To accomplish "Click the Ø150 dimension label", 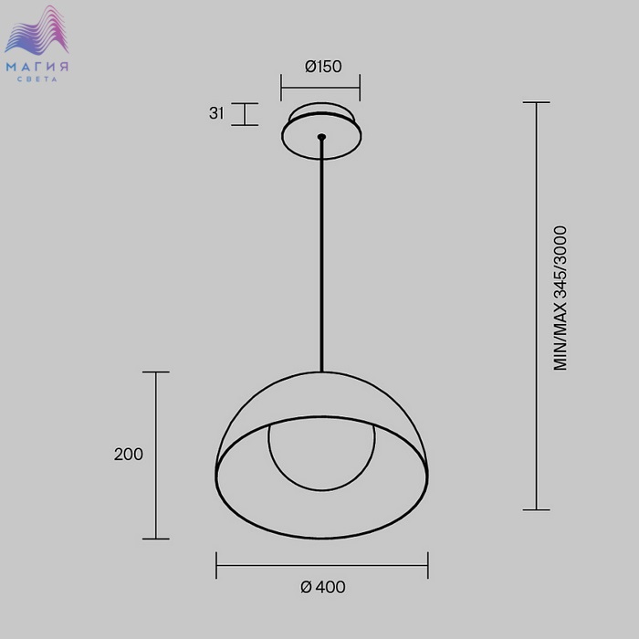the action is pos(323,67).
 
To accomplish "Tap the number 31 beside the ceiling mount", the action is pos(216,113).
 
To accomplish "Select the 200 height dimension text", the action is pos(129,455).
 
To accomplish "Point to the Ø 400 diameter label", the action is pos(323,587).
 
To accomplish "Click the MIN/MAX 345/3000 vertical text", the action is pos(560,299).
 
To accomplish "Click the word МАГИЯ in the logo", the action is pos(37,67).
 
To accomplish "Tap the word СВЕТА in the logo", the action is pos(37,79).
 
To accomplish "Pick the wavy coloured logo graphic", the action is pos(37,30).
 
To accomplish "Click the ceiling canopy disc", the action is pos(321,131).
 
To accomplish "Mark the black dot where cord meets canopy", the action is pos(321,137).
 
